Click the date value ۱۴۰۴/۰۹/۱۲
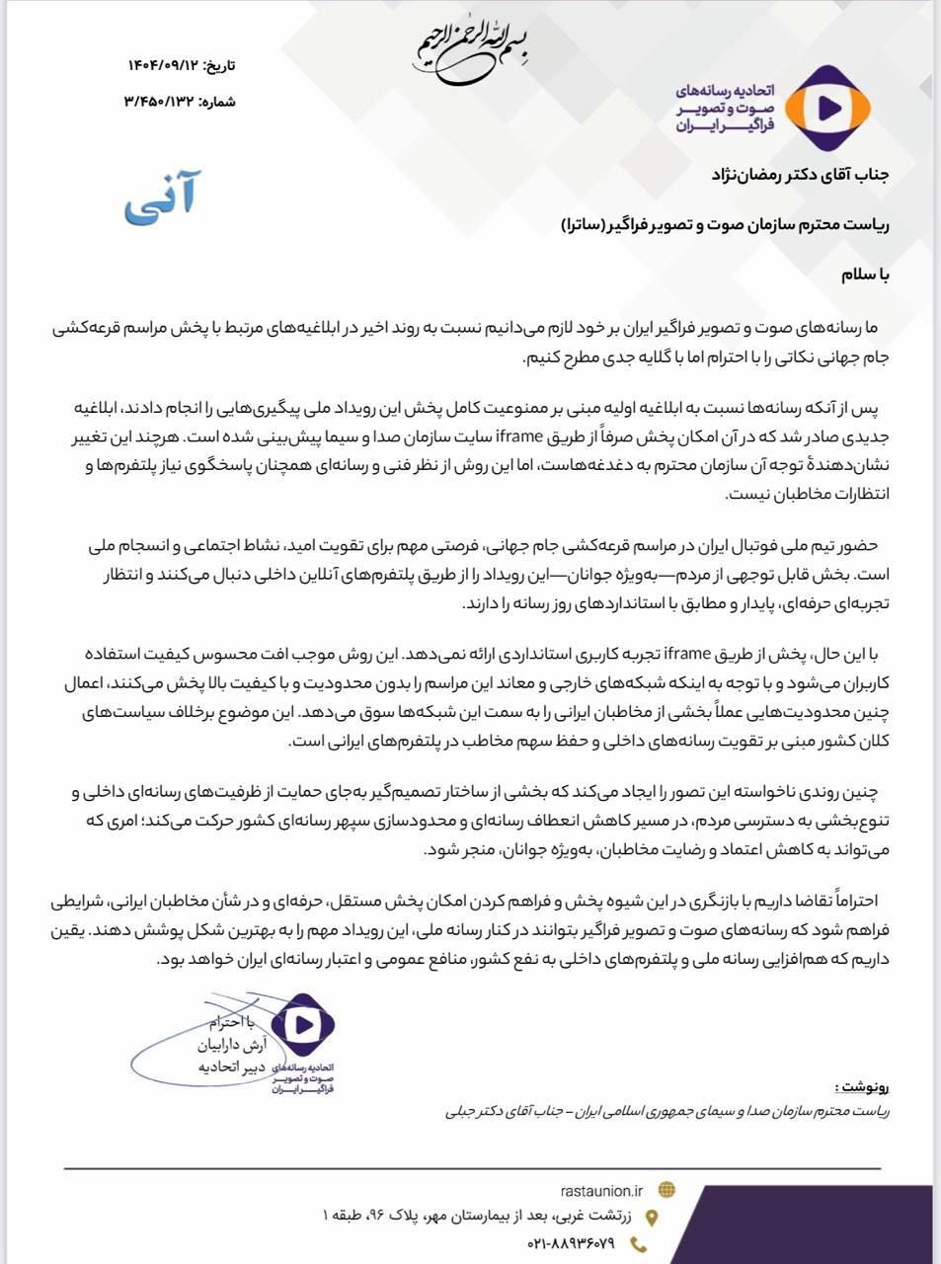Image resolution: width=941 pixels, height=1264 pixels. click(162, 66)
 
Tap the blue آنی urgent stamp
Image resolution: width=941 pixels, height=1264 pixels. click(160, 195)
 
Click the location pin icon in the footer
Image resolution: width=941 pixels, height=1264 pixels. click(651, 1218)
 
